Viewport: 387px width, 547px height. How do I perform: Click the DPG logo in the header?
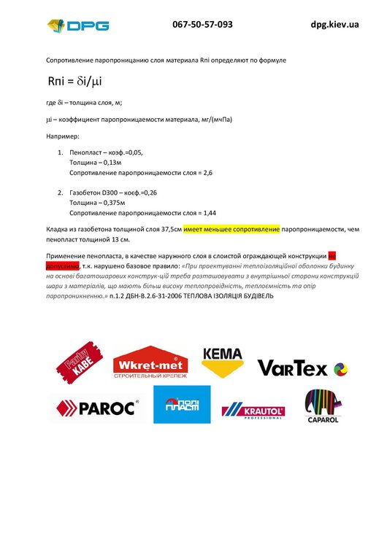tap(78, 27)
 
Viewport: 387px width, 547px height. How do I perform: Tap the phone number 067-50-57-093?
tap(202, 24)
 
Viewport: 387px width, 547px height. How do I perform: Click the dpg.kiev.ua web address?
tap(334, 24)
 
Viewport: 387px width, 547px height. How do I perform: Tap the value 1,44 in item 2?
tap(209, 213)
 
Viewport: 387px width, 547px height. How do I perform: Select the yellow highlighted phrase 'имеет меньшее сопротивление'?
tap(231, 229)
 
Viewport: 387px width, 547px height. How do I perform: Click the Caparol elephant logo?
tap(321, 406)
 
